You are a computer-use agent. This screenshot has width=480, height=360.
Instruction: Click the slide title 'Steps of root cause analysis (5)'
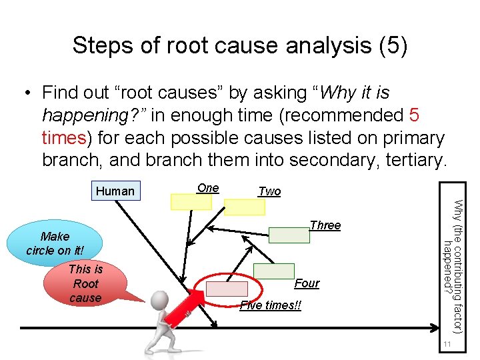point(240,45)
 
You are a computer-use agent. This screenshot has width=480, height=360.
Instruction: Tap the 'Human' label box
point(115,191)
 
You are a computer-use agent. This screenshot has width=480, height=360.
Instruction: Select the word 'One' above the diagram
point(208,188)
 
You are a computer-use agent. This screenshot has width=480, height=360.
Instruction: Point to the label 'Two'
point(269,191)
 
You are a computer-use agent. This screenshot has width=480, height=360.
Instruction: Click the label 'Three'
point(325,225)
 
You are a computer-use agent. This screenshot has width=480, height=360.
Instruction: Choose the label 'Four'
point(307,283)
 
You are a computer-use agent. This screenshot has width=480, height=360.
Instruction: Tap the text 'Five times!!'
point(270,305)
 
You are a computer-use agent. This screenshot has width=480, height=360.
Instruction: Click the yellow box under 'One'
point(191,202)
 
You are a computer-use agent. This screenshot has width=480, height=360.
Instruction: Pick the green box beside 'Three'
point(289,235)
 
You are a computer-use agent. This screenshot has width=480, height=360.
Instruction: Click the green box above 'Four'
point(273,271)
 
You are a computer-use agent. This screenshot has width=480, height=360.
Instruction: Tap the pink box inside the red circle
point(226,288)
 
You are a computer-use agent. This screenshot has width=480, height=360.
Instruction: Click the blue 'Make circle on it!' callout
point(57,243)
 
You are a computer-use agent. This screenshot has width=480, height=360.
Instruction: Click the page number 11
point(448,343)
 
